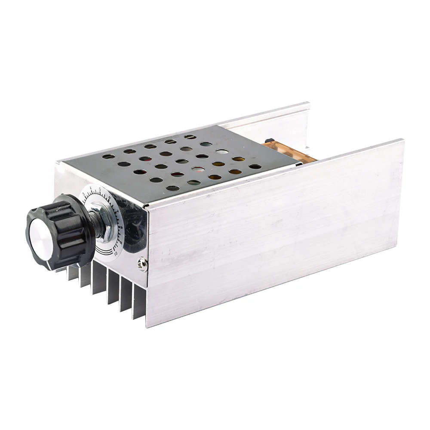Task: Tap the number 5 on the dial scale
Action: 100,189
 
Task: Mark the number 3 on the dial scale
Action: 84,195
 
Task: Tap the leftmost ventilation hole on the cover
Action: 108,157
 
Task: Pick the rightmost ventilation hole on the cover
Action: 255,166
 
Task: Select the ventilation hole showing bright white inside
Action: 222,152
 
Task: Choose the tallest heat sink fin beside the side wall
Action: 138,301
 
